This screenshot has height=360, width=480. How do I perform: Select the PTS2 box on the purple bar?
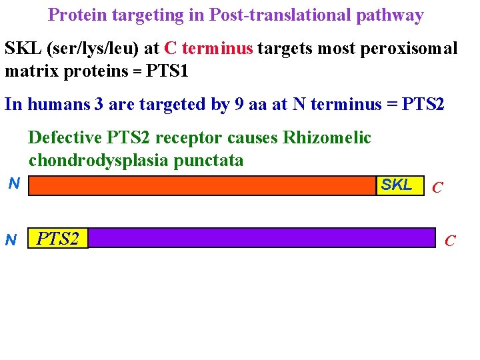58,239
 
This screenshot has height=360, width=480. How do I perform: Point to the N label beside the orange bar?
13,183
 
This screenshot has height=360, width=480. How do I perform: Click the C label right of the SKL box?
437,187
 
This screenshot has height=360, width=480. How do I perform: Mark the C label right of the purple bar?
451,241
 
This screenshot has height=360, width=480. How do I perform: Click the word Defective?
63,138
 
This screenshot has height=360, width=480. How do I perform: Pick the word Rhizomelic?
327,138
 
